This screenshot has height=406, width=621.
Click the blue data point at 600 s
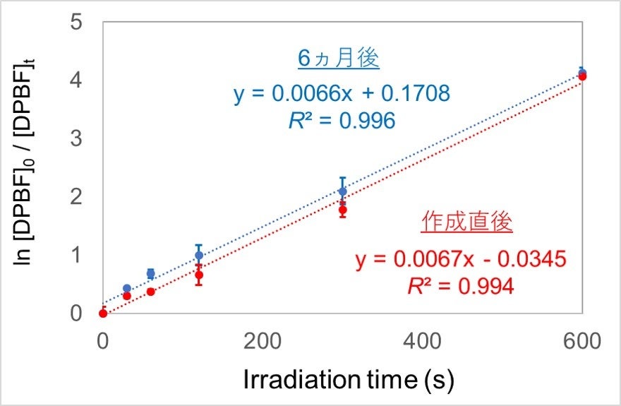pos(581,72)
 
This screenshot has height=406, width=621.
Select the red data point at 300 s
pos(343,210)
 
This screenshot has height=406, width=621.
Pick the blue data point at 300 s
pos(343,191)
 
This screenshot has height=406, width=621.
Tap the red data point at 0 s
pos(103,313)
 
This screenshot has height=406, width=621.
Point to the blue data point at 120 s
pos(199,255)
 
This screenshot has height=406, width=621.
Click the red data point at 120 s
pos(199,275)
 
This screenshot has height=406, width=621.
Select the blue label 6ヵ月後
pos(339,59)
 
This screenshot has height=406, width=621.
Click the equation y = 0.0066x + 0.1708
pos(342,92)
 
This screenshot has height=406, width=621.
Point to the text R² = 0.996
pos(342,121)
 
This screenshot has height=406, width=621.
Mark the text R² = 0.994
pos(460,286)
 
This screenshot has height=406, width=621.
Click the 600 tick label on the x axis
pos(581,342)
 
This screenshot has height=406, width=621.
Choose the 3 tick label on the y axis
pos(77,138)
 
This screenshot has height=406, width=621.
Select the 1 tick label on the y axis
pos(77,255)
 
